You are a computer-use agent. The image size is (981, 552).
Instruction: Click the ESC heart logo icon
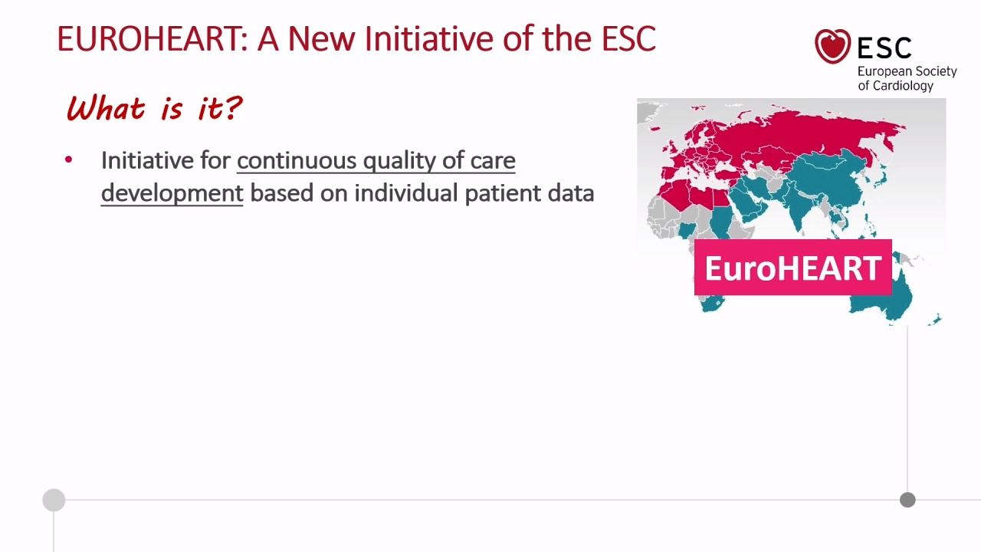point(832,46)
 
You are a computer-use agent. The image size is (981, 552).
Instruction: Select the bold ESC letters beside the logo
point(884,48)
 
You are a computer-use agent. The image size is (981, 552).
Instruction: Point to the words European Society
point(907,71)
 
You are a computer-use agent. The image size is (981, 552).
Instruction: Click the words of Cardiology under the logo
point(896,85)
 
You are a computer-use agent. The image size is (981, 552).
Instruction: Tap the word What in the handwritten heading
point(106,108)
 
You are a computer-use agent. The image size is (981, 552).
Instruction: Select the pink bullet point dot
point(68,160)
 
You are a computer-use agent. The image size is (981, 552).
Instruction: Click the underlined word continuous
point(297,161)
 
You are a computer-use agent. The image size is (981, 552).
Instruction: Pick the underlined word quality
point(399,162)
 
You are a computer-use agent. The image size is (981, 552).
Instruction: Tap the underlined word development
point(172,194)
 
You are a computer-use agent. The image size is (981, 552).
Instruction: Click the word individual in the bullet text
point(406,193)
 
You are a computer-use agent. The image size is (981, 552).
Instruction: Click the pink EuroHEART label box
point(793,268)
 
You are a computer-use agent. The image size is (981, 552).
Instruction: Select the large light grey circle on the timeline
point(54,500)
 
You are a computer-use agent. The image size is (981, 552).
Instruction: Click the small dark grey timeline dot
point(907,500)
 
